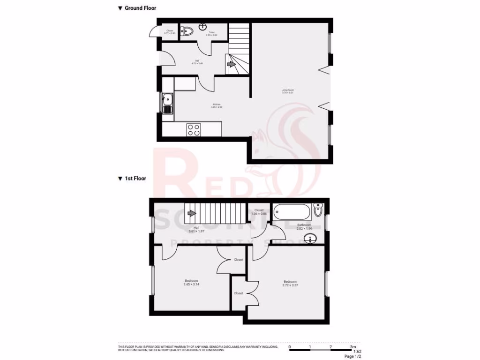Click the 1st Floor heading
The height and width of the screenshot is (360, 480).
tap(135, 179)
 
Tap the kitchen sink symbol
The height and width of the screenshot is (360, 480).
tap(167, 104)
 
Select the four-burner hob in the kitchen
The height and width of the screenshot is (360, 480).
tap(194, 129)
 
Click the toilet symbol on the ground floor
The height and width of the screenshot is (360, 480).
tap(187, 32)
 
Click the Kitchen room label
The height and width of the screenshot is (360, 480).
tap(216, 104)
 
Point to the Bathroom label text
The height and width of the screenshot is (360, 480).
tap(304, 225)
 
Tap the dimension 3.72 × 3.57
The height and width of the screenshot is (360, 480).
tap(290, 285)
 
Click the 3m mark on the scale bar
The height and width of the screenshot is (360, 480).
tap(352, 347)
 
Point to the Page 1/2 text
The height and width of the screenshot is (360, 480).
tap(353, 357)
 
